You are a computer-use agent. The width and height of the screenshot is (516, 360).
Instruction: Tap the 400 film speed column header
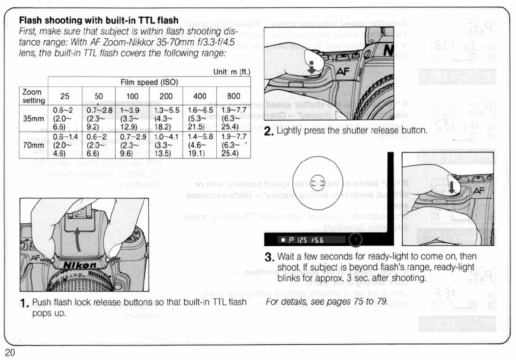199,96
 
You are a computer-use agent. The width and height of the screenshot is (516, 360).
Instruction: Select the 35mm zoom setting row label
34,118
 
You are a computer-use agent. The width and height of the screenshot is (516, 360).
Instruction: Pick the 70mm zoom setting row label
34,145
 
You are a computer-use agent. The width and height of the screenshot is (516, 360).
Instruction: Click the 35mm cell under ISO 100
132,118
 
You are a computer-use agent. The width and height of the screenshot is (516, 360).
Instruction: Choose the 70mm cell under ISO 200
166,145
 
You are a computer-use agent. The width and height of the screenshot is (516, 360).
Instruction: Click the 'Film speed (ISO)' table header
149,82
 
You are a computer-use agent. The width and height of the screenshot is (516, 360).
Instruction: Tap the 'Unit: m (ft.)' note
232,72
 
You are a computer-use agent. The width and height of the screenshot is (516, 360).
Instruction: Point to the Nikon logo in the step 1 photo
81,265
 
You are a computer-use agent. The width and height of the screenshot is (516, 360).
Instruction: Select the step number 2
268,131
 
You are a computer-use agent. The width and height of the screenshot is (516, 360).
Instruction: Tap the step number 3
268,257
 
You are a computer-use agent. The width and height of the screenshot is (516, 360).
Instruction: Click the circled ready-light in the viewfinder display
355,239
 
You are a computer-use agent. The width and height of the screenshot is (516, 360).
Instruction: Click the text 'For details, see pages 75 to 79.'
327,301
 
